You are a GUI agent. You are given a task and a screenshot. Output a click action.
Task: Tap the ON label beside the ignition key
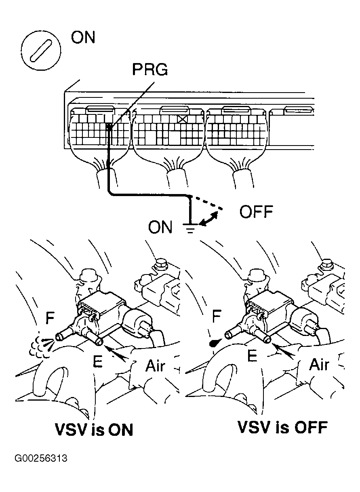click(83, 38)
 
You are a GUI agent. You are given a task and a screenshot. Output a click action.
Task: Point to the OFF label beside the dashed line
click(256, 212)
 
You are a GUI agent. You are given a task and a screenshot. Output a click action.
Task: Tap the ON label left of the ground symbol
click(160, 228)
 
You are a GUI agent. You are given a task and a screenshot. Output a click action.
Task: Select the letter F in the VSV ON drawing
click(50, 318)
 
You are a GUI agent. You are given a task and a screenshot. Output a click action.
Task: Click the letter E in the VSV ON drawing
click(97, 361)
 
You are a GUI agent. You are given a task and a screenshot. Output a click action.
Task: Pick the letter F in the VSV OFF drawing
click(216, 317)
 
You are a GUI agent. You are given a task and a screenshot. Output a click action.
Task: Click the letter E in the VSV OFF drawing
click(252, 356)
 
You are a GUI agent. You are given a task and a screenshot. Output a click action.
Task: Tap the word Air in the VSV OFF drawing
click(320, 365)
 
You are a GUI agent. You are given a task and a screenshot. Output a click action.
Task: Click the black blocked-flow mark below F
click(213, 343)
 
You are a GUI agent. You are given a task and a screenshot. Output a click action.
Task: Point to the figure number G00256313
click(41, 459)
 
